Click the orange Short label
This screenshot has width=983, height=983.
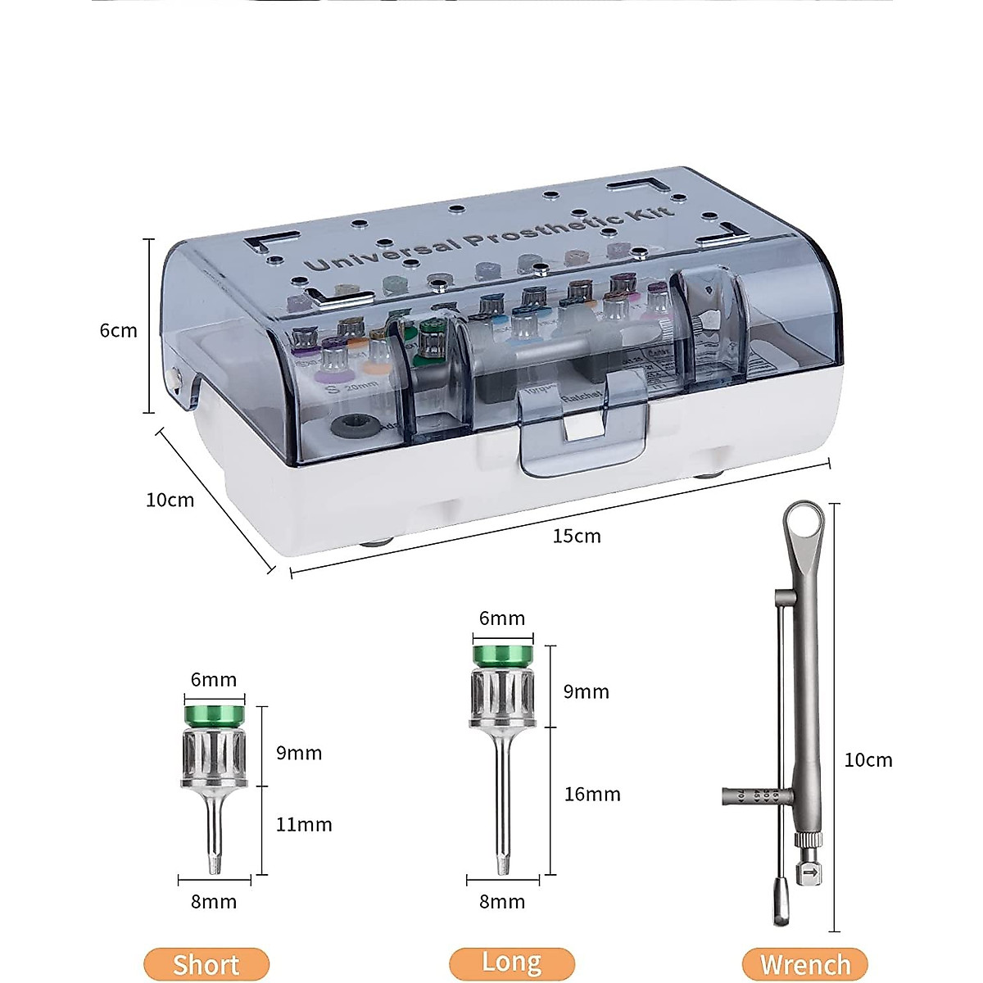tap(206, 964)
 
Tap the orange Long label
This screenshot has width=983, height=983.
tap(512, 962)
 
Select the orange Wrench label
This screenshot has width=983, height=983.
tap(805, 964)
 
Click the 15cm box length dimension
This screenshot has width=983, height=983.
tap(577, 537)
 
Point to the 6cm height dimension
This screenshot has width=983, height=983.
tap(118, 331)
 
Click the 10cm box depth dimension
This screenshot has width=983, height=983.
tap(170, 500)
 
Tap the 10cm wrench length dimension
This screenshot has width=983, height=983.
tap(868, 760)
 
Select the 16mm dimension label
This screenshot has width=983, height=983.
tap(592, 794)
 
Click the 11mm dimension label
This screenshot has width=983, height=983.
tap(304, 825)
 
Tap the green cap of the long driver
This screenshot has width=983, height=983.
tap(502, 655)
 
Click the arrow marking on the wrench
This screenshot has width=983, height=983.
tap(810, 873)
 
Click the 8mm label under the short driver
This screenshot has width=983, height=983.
tap(214, 902)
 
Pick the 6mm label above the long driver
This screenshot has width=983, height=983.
tap(502, 618)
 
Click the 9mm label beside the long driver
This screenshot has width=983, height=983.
tap(587, 692)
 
